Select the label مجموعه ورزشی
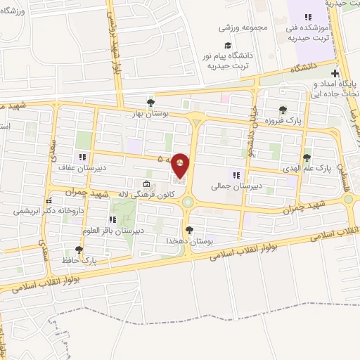(x=236, y=27)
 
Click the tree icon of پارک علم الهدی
(x=306, y=157)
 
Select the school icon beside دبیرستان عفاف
(x=82, y=157)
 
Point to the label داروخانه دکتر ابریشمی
(x=35, y=210)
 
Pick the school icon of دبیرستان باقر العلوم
(x=112, y=220)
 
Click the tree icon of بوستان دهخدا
(x=188, y=229)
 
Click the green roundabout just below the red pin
(x=188, y=202)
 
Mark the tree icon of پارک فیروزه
(x=282, y=110)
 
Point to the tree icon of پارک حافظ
(x=78, y=250)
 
